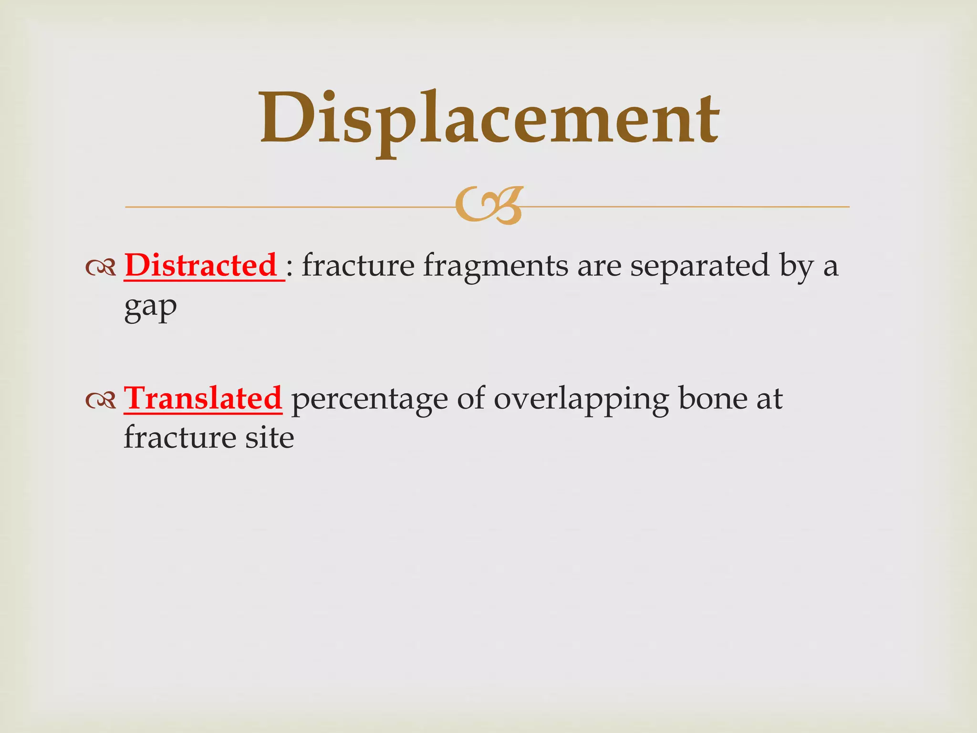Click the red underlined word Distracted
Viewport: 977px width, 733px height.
coord(201,265)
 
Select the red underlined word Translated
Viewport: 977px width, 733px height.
coord(203,398)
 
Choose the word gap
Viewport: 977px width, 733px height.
coord(150,308)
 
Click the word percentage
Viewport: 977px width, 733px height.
coord(369,400)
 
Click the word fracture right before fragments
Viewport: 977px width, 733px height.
coord(358,265)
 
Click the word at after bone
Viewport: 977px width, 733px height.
coord(769,399)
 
